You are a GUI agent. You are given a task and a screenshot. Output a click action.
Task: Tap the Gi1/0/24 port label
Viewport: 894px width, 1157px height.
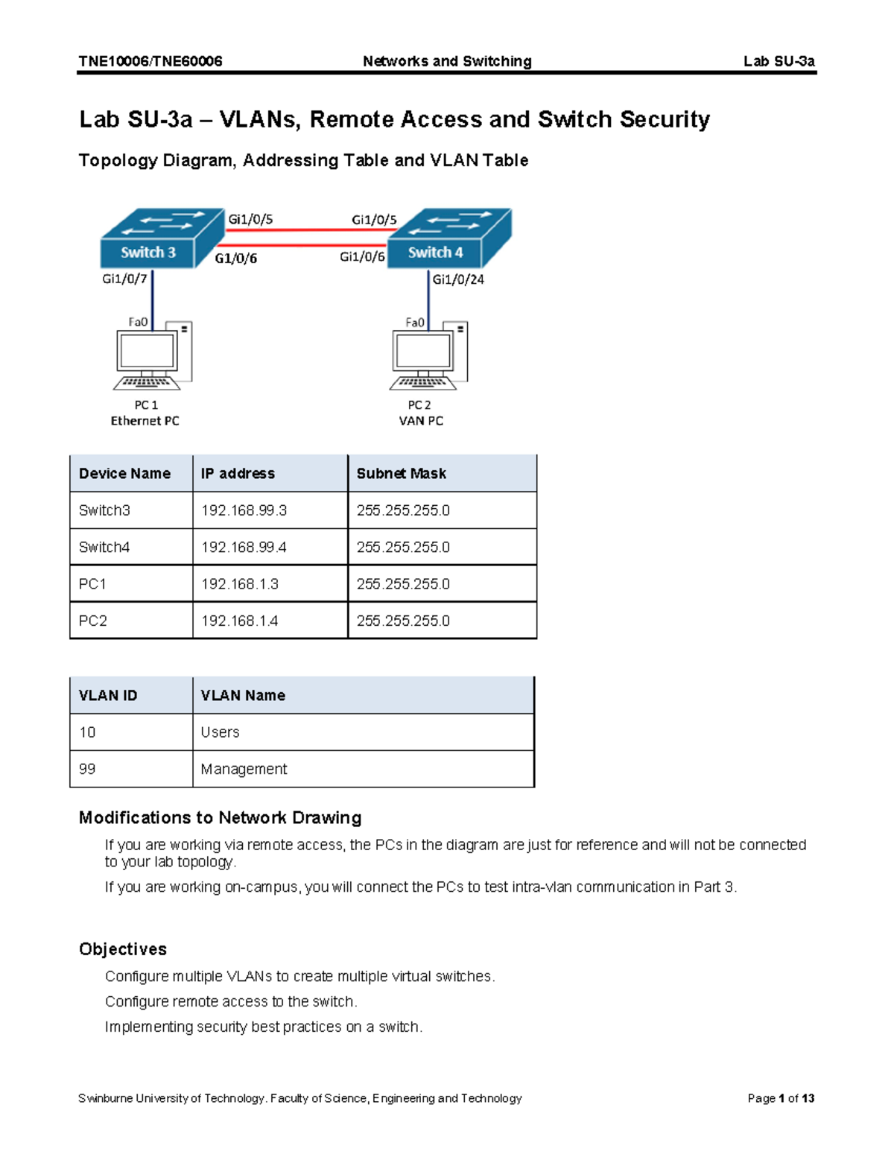click(x=458, y=279)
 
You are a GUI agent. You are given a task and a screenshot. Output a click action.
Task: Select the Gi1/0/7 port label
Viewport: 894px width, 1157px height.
click(x=124, y=279)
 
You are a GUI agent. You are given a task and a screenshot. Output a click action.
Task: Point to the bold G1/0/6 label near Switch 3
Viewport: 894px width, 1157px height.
click(x=236, y=259)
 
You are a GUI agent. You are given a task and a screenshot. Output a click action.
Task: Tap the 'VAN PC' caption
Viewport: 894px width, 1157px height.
click(x=421, y=421)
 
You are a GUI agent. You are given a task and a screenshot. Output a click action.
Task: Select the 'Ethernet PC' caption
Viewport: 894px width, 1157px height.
click(x=145, y=421)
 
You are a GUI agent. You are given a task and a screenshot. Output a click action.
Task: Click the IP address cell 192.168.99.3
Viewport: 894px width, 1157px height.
click(x=244, y=510)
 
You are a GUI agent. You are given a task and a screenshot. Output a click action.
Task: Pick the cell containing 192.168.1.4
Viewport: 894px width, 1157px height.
click(x=240, y=621)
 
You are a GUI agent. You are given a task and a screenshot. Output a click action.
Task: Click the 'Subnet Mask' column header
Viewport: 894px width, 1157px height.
click(x=402, y=474)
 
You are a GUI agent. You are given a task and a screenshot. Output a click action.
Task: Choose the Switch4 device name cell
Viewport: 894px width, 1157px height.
click(x=104, y=547)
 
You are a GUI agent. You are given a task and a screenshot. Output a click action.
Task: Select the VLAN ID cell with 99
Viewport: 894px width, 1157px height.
click(x=87, y=769)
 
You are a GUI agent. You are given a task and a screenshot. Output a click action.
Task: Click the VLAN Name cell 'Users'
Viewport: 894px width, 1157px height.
click(x=220, y=732)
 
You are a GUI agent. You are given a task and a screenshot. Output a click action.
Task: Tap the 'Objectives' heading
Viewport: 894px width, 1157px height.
click(x=123, y=949)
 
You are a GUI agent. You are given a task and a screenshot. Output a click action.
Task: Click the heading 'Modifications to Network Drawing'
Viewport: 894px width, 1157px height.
click(x=221, y=818)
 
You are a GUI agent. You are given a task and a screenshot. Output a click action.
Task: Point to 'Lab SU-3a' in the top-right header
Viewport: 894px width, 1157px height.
click(x=779, y=61)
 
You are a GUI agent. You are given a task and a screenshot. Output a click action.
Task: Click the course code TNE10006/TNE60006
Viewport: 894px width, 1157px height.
click(x=150, y=61)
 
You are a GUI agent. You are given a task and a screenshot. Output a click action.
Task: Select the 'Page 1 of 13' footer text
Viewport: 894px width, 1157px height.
click(x=781, y=1098)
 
